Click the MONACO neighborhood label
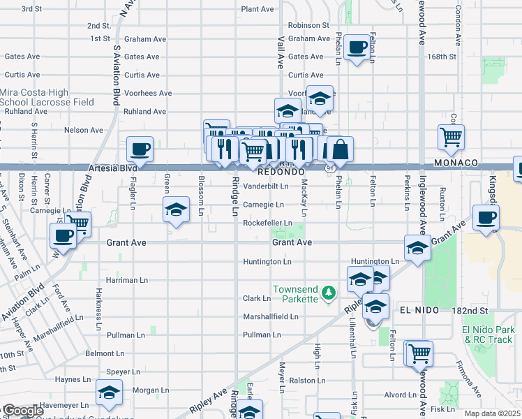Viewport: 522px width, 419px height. pos(455,163)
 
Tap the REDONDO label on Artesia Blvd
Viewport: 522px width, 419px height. pos(281,171)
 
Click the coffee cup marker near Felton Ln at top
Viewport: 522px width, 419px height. pos(357,47)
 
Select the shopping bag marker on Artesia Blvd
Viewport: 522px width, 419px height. pos(340,149)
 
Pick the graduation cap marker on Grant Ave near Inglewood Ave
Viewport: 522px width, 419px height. pos(417,248)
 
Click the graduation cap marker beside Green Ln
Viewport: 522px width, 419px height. pos(177,209)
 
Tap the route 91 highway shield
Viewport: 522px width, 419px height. pos(330,168)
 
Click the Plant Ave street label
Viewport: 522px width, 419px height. pos(258,9)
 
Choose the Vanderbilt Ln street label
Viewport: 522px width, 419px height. pos(265,186)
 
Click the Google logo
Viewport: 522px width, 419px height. pos(22,411)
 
